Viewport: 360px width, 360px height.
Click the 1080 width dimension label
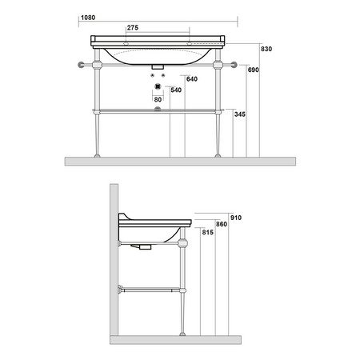(x=88, y=18)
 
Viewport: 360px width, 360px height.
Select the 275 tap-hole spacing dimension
(x=133, y=28)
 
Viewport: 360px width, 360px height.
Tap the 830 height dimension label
(x=266, y=49)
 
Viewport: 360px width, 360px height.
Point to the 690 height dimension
(x=254, y=70)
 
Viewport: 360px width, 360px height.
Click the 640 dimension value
(x=192, y=79)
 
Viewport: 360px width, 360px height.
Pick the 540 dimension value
(x=176, y=90)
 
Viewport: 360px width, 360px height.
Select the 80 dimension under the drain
(x=158, y=100)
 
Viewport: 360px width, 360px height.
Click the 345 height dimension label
(x=240, y=114)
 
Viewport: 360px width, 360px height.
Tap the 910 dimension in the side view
(x=236, y=218)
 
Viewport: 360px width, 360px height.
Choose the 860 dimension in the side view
(x=222, y=224)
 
